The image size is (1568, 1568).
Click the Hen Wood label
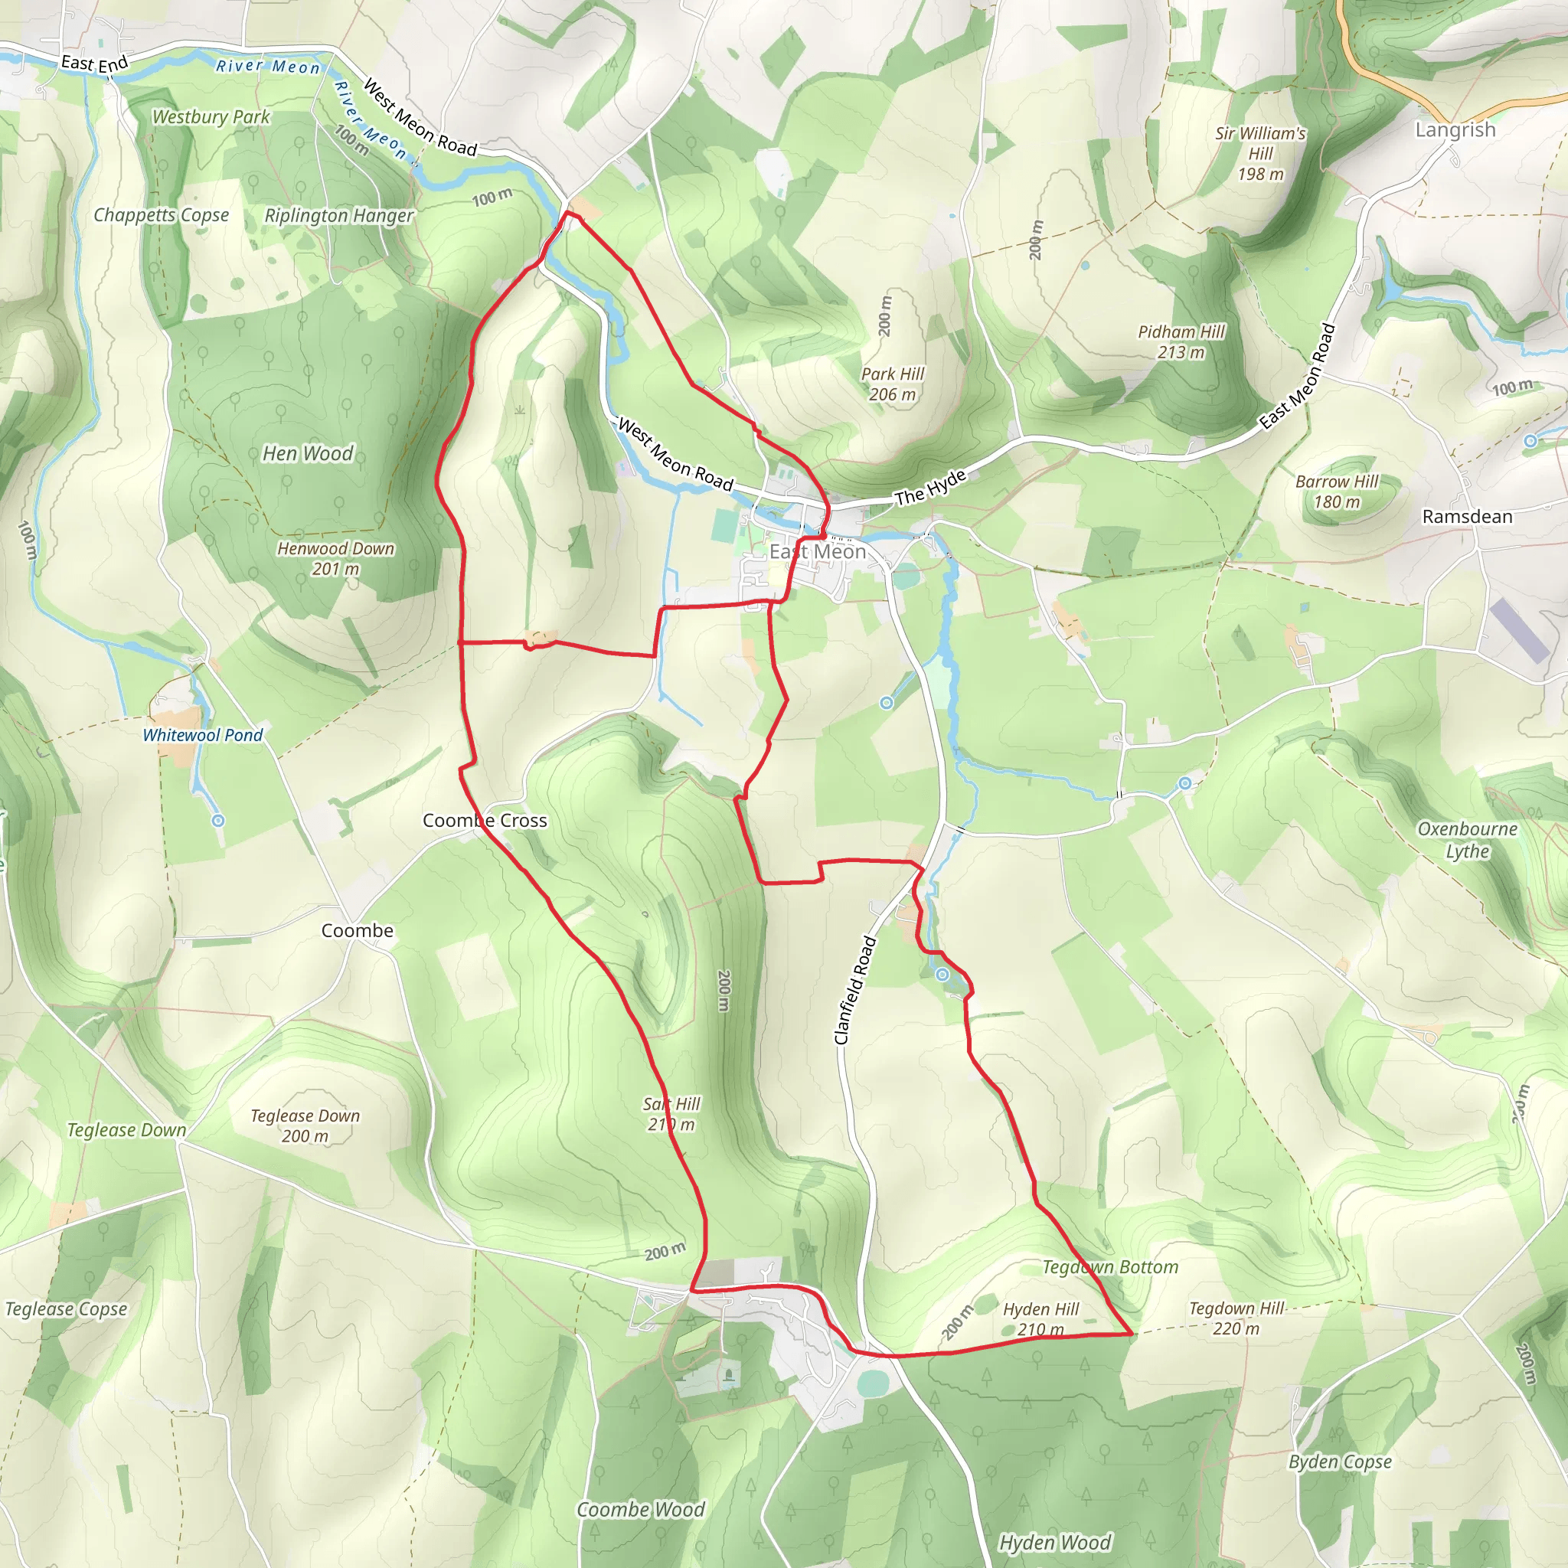click(x=308, y=454)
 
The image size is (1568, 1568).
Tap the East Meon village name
click(x=817, y=552)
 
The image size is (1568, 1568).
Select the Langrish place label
click(x=1455, y=130)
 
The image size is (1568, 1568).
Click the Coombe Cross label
click(x=485, y=821)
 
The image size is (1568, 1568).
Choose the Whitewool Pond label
click(x=203, y=735)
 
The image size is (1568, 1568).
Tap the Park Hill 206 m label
click(x=892, y=384)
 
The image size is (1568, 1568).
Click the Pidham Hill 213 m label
click(x=1181, y=341)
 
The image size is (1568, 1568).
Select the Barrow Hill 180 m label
click(x=1337, y=492)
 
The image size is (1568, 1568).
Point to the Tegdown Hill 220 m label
click(x=1236, y=1318)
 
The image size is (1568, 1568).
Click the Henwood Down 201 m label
click(x=335, y=558)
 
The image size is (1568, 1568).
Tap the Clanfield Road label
click(x=854, y=990)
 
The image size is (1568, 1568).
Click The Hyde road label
click(x=930, y=487)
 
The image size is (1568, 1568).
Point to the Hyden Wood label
click(x=1055, y=1543)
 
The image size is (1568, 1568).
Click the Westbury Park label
click(x=211, y=117)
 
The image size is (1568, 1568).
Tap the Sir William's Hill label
click(x=1260, y=153)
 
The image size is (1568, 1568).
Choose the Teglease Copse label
click(x=66, y=1309)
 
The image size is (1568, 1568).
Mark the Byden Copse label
click(x=1340, y=1462)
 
